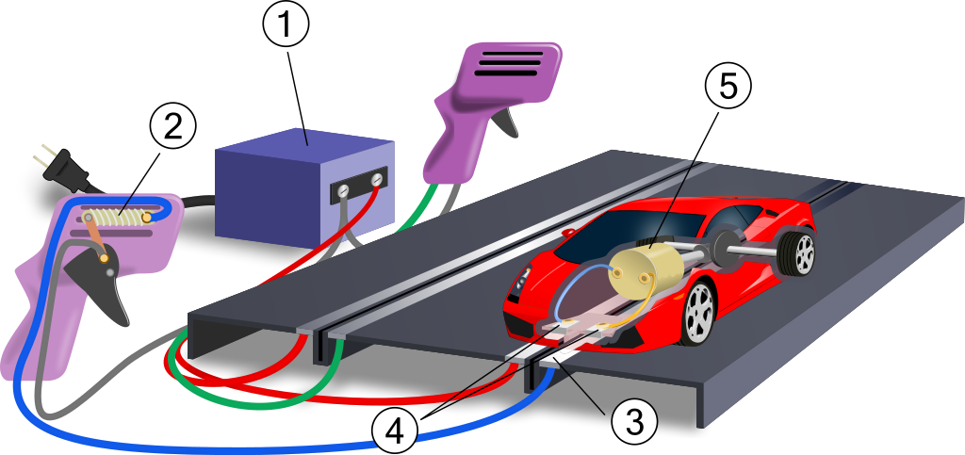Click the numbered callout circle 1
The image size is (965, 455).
click(x=286, y=25)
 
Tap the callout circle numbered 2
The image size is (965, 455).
click(x=173, y=126)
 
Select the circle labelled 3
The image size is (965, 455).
click(x=633, y=421)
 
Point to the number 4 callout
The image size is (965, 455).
click(x=394, y=432)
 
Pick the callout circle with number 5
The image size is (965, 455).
click(x=727, y=87)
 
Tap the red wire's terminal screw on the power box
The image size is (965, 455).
click(x=378, y=179)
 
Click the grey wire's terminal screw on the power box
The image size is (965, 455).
click(x=344, y=192)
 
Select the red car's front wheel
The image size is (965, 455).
click(x=697, y=310)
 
